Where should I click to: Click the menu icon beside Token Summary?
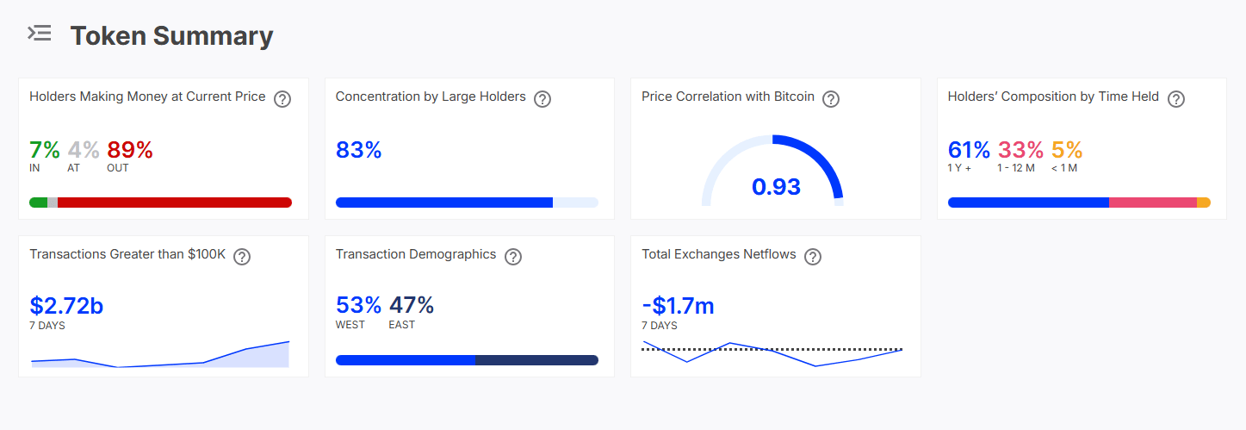40,34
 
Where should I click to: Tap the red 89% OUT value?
130,150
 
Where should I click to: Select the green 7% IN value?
45,150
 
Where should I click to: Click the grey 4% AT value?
84,150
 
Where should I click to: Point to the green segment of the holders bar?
39,203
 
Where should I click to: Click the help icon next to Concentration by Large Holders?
542,98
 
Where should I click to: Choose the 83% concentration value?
359,150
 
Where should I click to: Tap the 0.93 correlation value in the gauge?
776,187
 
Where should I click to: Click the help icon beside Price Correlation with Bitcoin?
831,98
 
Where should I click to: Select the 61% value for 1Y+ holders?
969,150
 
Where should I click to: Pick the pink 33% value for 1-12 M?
1020,150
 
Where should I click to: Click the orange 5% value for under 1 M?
1067,150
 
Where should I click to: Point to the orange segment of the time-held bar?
1204,203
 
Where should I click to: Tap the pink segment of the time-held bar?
1153,203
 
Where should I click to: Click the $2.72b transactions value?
66,306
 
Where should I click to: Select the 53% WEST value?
359,305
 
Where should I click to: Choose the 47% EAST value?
412,305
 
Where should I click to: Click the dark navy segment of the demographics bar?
536,360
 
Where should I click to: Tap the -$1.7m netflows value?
678,306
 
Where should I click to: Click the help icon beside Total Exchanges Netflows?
813,256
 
